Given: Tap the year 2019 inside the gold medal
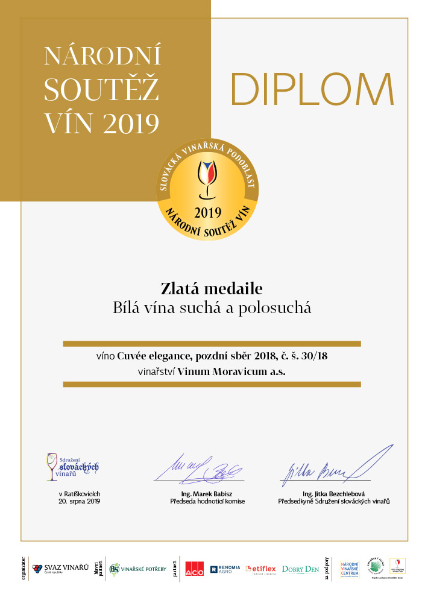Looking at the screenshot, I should point(207,212).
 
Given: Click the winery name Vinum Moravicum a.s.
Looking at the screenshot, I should point(231,371).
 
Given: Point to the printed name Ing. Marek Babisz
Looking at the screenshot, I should point(208,494).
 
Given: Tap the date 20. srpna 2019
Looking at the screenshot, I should point(79,501).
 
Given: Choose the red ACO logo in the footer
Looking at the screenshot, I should point(194,569).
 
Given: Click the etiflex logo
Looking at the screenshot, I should point(260,569).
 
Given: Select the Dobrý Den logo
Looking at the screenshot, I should point(300,569).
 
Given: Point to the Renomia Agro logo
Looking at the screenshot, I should point(225,569).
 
